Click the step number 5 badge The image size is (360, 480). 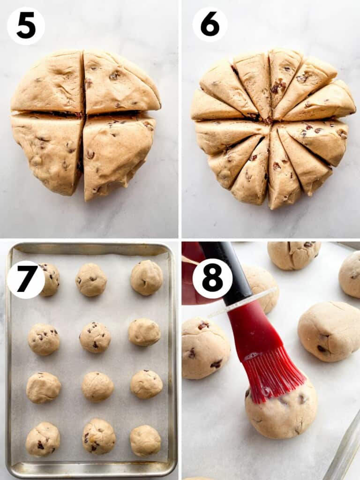pos(26,26)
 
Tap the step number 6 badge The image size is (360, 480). pos(210,24)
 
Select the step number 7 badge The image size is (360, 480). pos(26,279)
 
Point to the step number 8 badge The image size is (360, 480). pos(212,278)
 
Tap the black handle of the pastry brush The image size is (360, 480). pos(230,272)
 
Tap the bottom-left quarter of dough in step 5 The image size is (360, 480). pos(47,150)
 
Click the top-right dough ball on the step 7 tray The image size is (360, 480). pos(146,277)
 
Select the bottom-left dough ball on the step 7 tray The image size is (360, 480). pos(43,439)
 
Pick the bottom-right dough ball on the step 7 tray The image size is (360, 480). pos(145,441)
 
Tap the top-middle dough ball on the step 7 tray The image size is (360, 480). pos(91,279)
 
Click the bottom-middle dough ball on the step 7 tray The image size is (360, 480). pos(98,436)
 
